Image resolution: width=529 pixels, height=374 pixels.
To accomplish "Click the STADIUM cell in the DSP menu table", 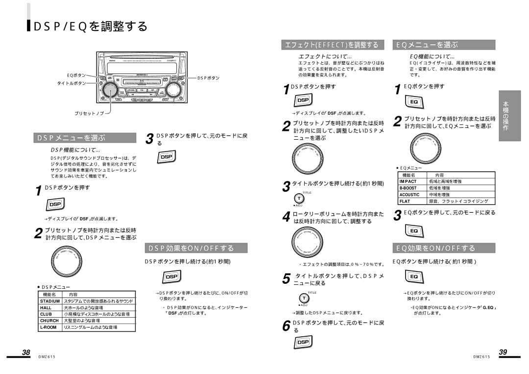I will pyautogui.click(x=50, y=301).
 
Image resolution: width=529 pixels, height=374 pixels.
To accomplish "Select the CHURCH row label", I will pyautogui.click(x=49, y=320).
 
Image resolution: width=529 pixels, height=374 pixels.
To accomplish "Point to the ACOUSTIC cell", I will pyautogui.click(x=409, y=195).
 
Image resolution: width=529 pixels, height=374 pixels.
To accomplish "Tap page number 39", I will pyautogui.click(x=503, y=352).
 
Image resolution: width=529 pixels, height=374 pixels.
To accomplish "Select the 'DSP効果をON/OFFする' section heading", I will pyautogui.click(x=196, y=248).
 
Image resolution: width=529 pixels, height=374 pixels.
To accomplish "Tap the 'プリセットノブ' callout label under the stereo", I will pyautogui.click(x=89, y=113).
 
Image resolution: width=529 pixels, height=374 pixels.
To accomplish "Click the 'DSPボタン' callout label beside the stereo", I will pyautogui.click(x=208, y=78).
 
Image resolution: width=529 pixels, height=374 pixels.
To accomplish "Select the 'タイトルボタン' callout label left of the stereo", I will pyautogui.click(x=72, y=83).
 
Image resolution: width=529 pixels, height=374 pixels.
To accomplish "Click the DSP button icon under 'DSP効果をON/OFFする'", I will pyautogui.click(x=171, y=277).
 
